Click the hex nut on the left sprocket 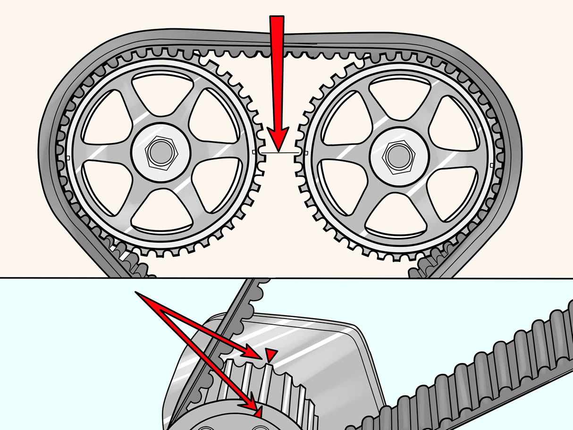coord(161,152)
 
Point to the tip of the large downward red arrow coord(278,150)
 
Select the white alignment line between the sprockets coord(280,153)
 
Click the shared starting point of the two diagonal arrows coord(136,293)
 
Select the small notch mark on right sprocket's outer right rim coord(492,165)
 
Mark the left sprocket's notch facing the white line coord(255,152)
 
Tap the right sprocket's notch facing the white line coord(306,153)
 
